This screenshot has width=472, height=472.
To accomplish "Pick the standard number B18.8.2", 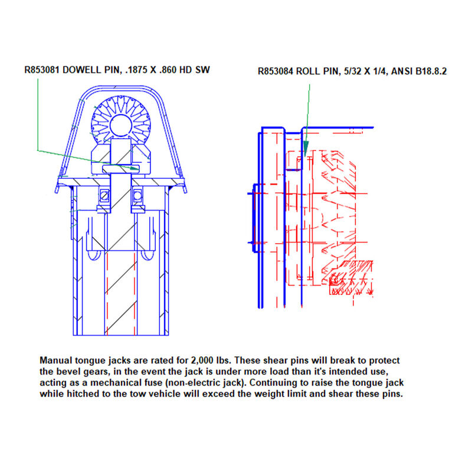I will click(x=430, y=71).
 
